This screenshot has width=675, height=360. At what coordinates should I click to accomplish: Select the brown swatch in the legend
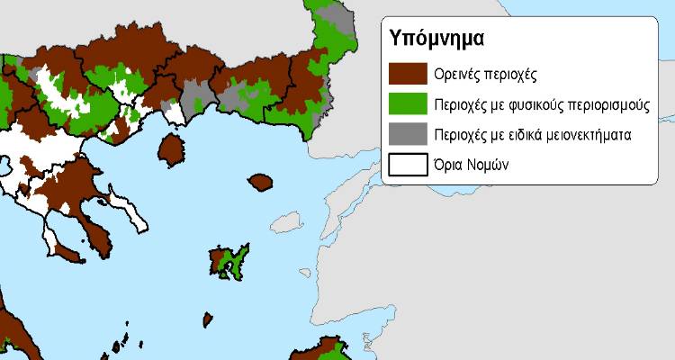(x=407, y=73)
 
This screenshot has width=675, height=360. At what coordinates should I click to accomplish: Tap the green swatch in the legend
(x=407, y=103)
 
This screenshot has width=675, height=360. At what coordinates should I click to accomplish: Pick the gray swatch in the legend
(x=407, y=135)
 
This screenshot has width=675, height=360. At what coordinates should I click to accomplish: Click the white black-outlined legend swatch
(x=407, y=166)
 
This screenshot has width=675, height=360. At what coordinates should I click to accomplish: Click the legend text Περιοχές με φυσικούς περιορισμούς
(x=540, y=104)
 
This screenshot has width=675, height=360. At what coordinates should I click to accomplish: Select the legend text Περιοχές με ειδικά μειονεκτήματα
(x=535, y=135)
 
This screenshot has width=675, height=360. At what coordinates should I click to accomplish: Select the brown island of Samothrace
(x=262, y=182)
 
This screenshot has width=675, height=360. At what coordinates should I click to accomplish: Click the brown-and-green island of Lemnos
(x=229, y=262)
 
